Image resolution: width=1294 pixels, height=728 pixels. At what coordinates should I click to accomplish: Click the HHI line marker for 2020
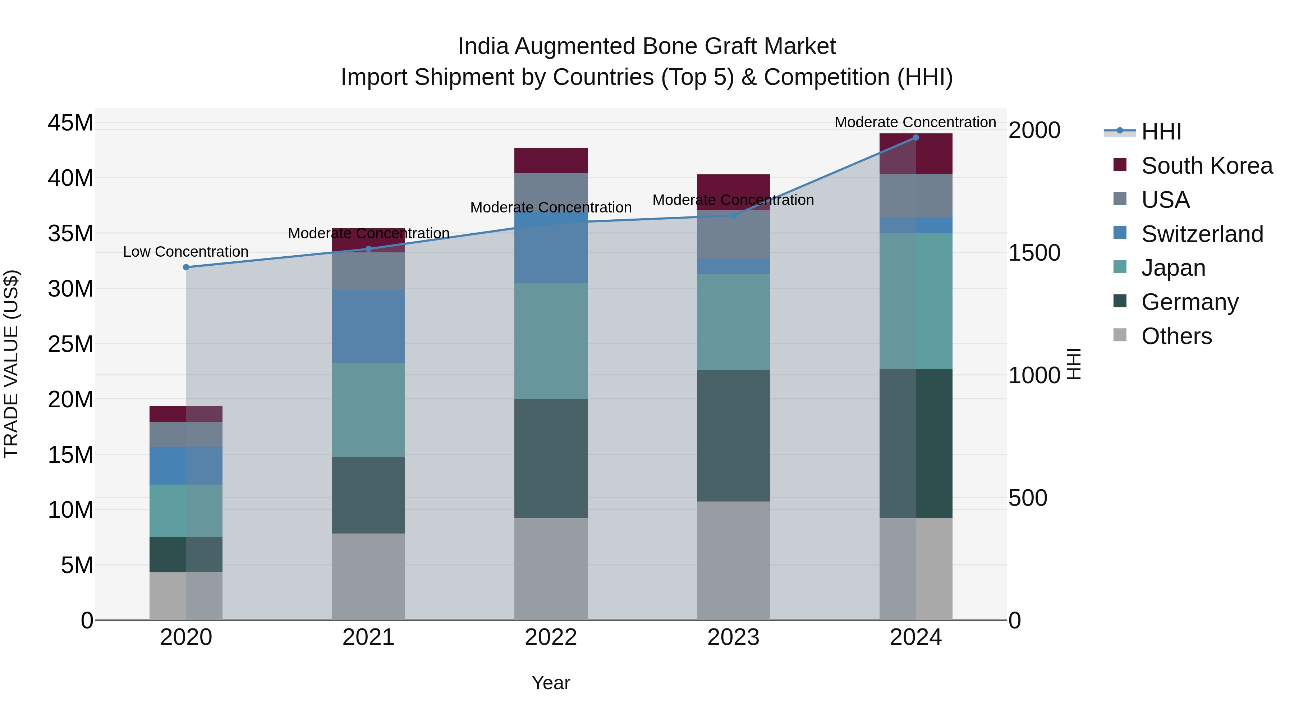(x=186, y=267)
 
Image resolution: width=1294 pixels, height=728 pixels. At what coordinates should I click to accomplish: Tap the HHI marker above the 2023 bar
(x=733, y=216)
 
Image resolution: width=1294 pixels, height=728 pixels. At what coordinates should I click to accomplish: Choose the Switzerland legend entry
(x=1202, y=234)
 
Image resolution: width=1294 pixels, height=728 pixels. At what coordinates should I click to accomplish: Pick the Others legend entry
(x=1176, y=336)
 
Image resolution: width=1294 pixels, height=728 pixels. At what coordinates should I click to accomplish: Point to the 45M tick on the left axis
(x=70, y=123)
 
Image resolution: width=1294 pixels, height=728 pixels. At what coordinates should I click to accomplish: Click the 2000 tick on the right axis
(x=1034, y=130)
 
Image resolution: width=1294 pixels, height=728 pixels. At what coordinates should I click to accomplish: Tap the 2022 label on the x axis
(x=551, y=637)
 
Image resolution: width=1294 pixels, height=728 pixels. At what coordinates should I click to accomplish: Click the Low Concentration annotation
(x=185, y=252)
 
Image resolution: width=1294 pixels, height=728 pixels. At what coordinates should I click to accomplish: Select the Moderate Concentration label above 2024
(x=915, y=122)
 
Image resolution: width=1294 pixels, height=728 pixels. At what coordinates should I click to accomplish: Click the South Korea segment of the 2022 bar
(x=551, y=160)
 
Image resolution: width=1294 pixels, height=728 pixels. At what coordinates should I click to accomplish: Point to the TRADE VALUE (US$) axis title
(x=11, y=364)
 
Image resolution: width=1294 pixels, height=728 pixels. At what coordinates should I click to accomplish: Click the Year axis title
(x=551, y=683)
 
